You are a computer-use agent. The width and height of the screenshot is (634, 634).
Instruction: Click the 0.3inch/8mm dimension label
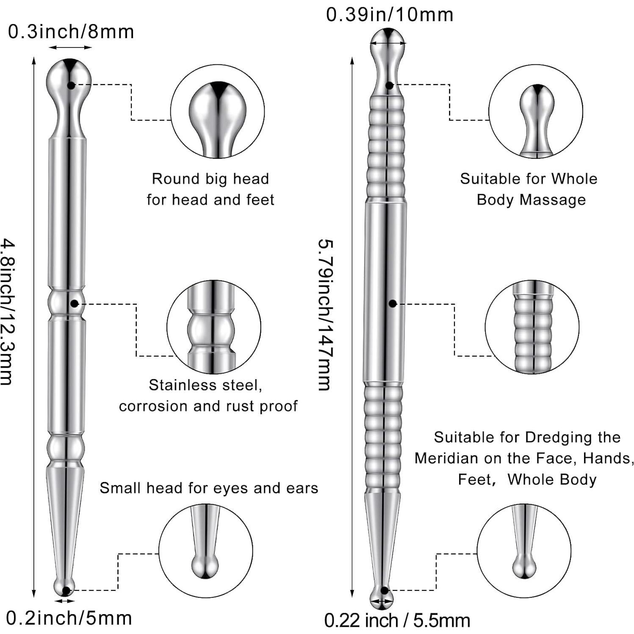pyautogui.click(x=71, y=32)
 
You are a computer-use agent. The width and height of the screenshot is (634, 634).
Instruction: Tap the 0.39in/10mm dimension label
pyautogui.click(x=389, y=14)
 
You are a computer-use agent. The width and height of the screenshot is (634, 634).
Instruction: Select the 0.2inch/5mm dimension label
pyautogui.click(x=69, y=618)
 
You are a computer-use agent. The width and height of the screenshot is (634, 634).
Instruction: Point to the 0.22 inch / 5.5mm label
pyautogui.click(x=397, y=620)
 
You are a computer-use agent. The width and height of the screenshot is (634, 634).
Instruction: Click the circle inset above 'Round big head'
pyautogui.click(x=217, y=112)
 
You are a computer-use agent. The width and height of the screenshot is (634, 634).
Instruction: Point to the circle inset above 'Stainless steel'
pyautogui.click(x=213, y=327)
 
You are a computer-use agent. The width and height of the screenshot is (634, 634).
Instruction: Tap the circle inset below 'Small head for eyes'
pyautogui.click(x=205, y=551)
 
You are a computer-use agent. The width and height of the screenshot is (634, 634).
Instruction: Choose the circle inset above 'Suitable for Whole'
pyautogui.click(x=535, y=112)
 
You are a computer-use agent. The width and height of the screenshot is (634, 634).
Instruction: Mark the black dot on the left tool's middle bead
pyautogui.click(x=75, y=304)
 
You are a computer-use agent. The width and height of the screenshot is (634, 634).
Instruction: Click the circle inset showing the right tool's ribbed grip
pyautogui.click(x=532, y=327)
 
